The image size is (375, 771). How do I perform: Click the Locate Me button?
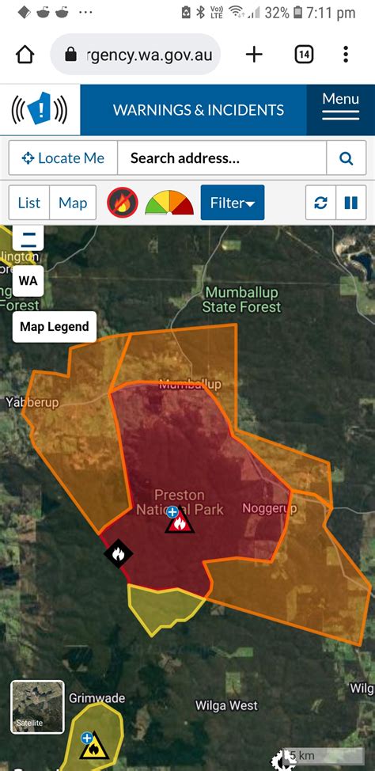coord(63,158)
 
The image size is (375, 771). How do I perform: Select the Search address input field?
coord(222,158)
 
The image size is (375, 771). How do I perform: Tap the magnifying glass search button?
coord(346,158)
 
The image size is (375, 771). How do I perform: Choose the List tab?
coord(29,203)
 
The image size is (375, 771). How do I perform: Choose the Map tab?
coord(73,203)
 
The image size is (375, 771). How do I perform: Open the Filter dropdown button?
coord(232,203)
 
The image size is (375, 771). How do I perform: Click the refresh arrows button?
coord(320,203)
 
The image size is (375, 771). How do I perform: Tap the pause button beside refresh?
coord(350,203)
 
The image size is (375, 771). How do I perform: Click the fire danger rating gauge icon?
coord(169,203)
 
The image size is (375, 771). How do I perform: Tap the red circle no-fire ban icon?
coord(123,203)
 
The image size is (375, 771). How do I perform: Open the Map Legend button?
coord(55,326)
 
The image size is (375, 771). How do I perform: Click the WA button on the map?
coord(28,280)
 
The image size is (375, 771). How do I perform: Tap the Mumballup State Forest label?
coord(241,300)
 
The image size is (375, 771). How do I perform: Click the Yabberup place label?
coord(32,403)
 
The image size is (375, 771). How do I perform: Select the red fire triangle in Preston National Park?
coord(179,522)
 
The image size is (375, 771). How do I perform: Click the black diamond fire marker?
coord(119,553)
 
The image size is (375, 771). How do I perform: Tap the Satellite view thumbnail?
coord(37,706)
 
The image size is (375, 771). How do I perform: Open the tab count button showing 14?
coord(304,54)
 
